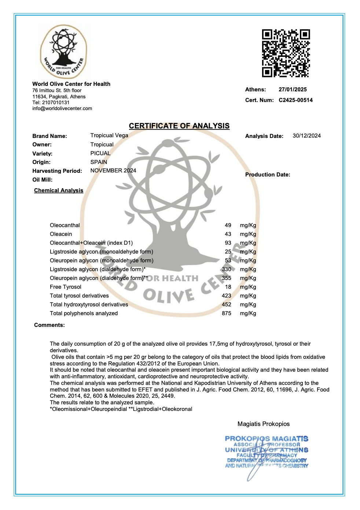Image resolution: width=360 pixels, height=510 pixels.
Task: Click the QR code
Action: coord(286,53)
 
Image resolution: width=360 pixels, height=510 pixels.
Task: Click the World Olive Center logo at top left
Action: coord(63,52)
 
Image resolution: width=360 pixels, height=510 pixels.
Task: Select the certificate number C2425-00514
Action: coord(295,100)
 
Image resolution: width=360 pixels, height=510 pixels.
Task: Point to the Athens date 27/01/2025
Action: coord(293,90)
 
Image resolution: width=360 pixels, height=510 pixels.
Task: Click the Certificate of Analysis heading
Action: coord(179,126)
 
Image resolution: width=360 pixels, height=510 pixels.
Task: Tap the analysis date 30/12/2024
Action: coord(306,136)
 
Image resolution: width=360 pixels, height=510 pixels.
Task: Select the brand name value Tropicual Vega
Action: coord(109,135)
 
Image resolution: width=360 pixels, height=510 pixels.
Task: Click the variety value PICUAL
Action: coord(100,153)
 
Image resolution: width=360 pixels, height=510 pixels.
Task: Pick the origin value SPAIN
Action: coord(99,162)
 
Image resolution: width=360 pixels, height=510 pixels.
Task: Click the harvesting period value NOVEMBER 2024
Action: coord(113,171)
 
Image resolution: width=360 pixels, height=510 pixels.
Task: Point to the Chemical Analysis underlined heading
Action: coord(59,190)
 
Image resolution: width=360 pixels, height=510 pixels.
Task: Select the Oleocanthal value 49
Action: coord(228,225)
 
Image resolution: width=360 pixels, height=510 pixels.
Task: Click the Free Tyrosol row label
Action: coord(66,287)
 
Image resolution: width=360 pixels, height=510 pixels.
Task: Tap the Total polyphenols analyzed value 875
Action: coord(227,313)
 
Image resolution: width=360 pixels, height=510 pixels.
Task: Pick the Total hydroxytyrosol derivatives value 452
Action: coord(227,305)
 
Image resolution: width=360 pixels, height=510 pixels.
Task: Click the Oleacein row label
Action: coord(61,234)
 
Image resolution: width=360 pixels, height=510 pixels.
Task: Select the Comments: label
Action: coord(49,325)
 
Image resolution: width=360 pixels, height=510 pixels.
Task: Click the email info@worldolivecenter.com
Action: coord(62,109)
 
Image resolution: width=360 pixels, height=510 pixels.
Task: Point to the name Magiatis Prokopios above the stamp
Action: coord(264,424)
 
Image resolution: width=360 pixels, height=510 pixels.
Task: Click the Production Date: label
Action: coord(268,175)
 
